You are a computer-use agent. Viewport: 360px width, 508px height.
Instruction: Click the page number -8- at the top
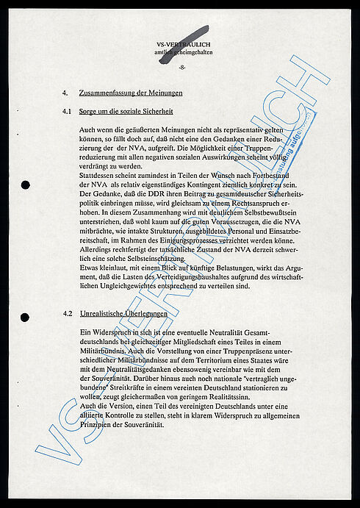point(181,68)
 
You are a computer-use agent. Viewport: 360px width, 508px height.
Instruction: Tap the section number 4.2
point(67,313)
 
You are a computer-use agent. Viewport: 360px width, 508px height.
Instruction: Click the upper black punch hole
point(25,185)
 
